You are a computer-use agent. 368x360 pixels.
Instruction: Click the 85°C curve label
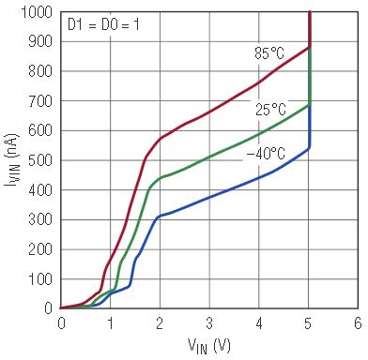[269, 52]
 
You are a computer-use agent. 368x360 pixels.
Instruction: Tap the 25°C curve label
[270, 110]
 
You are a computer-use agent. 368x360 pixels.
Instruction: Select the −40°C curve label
[266, 154]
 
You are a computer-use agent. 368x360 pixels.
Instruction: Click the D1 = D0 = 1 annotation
[103, 25]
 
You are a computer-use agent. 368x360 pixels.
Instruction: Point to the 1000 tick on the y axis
[37, 12]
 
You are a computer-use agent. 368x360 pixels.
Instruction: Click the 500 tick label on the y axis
[40, 160]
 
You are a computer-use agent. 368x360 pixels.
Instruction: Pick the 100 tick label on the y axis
[40, 279]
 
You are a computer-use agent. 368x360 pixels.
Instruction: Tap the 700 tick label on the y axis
[40, 101]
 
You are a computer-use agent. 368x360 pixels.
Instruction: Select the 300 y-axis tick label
[40, 219]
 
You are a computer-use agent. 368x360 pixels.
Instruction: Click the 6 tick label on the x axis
[358, 323]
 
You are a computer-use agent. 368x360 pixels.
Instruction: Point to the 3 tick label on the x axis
[209, 323]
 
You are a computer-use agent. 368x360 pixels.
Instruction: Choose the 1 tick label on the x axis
[110, 323]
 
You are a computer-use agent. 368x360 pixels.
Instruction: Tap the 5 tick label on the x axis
[309, 323]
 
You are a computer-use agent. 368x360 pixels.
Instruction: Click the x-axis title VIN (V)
[209, 346]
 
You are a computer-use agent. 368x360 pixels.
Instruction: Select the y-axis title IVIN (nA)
[12, 160]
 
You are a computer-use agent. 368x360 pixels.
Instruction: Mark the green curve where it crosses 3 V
[209, 157]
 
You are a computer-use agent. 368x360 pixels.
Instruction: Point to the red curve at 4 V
[259, 82]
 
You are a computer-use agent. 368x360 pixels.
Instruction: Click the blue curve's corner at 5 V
[309, 149]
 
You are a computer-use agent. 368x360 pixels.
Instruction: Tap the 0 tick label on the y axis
[49, 308]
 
